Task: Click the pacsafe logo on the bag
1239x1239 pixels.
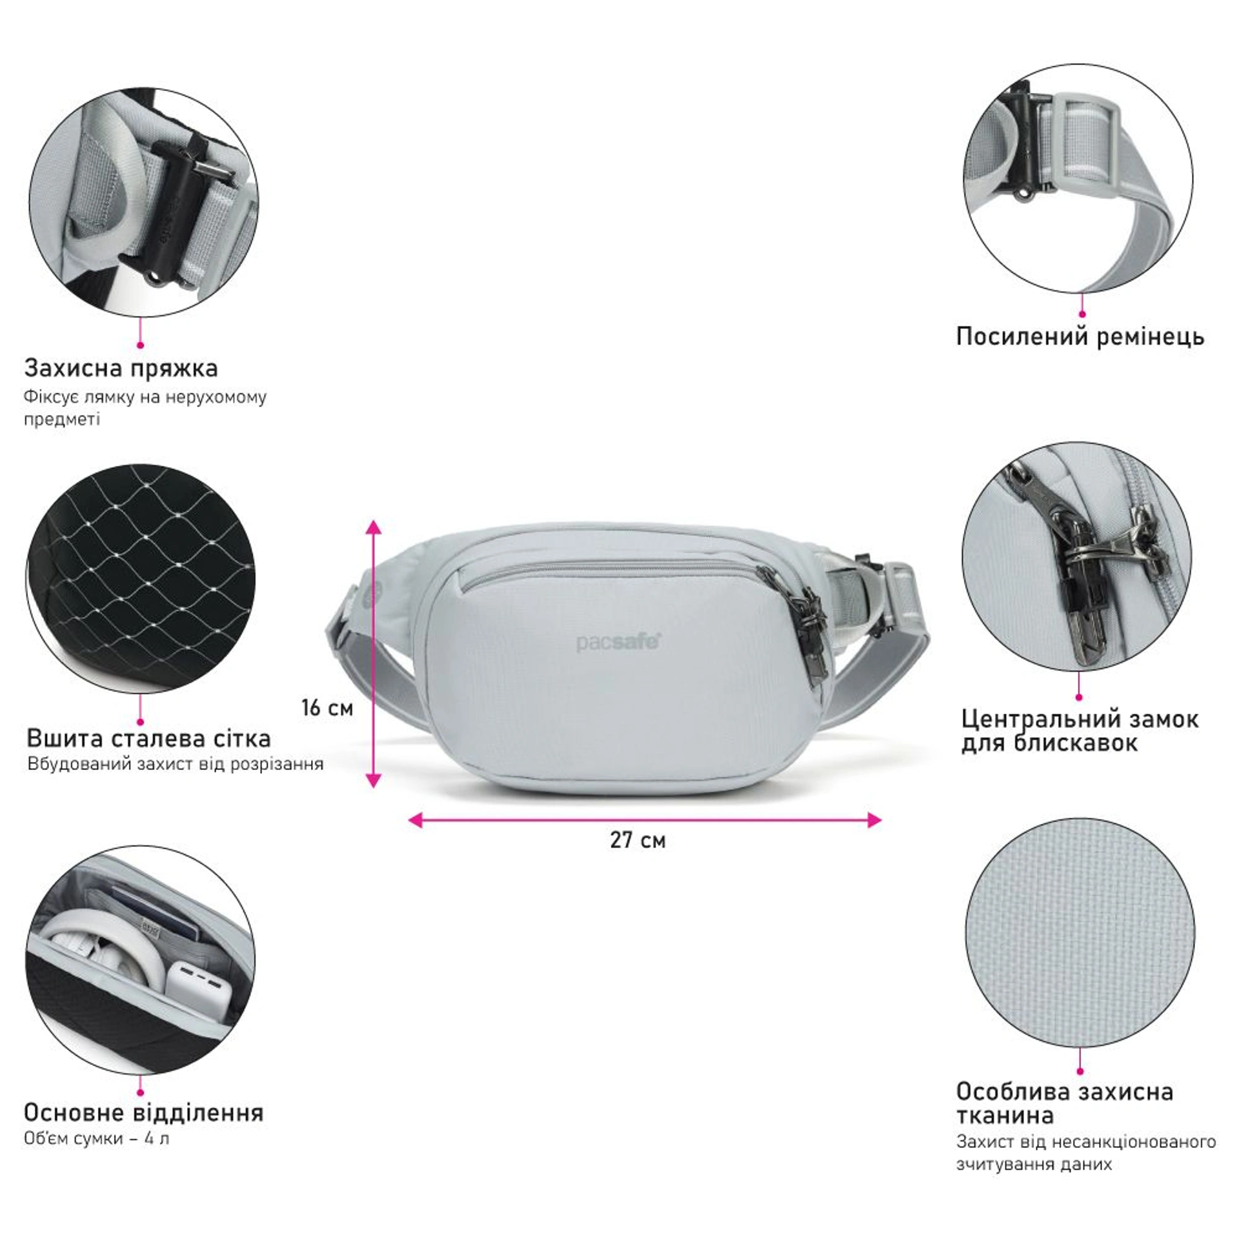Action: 618,642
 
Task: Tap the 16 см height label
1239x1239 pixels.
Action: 327,708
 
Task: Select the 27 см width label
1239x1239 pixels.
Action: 638,840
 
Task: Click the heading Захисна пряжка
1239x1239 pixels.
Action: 121,368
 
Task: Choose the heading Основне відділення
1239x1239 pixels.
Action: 144,1113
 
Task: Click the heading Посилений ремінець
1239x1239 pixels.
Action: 1080,337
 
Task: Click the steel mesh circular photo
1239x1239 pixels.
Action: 141,577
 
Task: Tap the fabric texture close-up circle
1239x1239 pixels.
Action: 1080,933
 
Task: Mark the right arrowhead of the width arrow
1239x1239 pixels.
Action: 873,820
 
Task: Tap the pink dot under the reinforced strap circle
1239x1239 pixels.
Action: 1082,314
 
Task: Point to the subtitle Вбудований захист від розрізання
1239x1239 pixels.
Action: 175,765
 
